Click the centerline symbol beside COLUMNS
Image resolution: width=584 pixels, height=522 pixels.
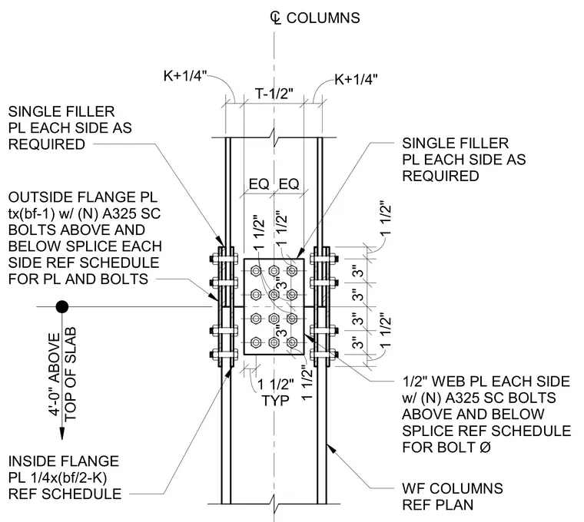tap(275, 18)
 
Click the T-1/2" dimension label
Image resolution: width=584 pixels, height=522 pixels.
tap(274, 94)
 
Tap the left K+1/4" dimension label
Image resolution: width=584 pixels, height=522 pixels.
tap(184, 76)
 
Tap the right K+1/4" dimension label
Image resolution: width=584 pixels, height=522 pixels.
tap(356, 79)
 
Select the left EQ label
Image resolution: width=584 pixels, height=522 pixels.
tap(259, 184)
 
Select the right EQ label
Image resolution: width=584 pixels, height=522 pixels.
tap(289, 184)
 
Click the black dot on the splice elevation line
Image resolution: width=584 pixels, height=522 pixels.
tap(62, 307)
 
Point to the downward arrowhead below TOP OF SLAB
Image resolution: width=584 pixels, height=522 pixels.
tap(62, 433)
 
